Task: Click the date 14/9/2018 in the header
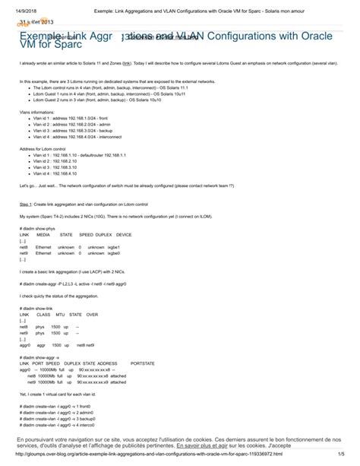15,5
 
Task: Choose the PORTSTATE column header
143,362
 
